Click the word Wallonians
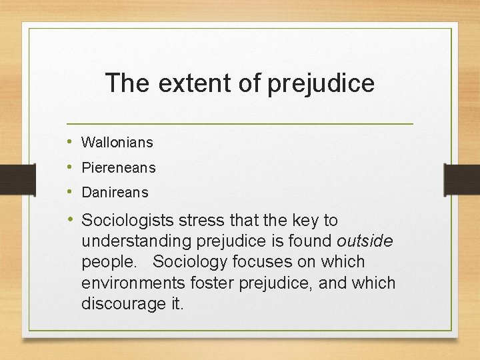pyautogui.click(x=117, y=142)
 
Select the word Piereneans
pyautogui.click(x=119, y=167)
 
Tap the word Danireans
pyautogui.click(x=115, y=192)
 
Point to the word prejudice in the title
pyautogui.click(x=321, y=83)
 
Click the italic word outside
pyautogui.click(x=366, y=241)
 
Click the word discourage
pyautogui.click(x=120, y=303)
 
